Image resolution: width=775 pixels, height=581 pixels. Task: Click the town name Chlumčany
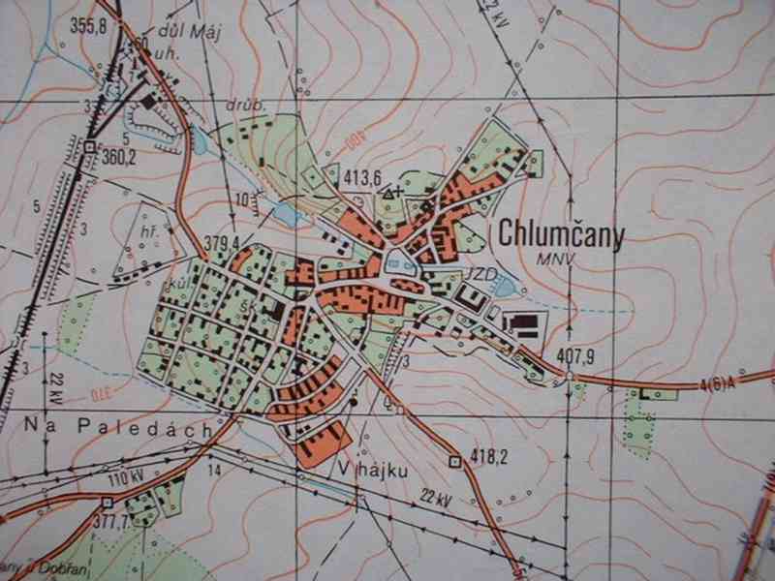(561, 235)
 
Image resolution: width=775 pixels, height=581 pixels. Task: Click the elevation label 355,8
(88, 26)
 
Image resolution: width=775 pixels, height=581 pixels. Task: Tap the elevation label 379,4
(222, 242)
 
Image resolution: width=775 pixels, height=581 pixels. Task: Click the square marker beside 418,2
(454, 461)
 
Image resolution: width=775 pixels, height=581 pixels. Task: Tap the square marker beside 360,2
(90, 146)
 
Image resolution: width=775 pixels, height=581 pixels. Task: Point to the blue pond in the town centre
(395, 260)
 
